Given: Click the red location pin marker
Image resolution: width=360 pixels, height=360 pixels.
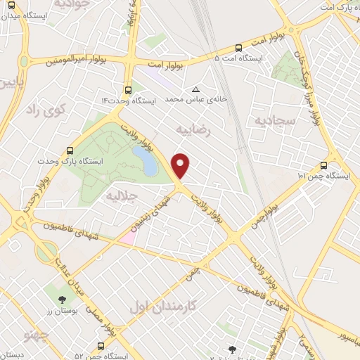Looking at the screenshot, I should pyautogui.click(x=181, y=165).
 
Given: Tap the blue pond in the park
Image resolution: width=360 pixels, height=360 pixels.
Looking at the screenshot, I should pyautogui.click(x=148, y=164).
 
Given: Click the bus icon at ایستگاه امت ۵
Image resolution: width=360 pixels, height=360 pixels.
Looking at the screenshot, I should pyautogui.click(x=239, y=49).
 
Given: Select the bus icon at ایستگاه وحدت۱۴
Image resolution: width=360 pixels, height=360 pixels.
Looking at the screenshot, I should pyautogui.click(x=128, y=90).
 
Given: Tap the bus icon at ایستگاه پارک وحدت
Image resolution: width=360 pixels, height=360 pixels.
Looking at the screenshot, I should pyautogui.click(x=69, y=150).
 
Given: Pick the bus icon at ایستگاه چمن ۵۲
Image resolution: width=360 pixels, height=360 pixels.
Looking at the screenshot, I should pyautogui.click(x=101, y=346).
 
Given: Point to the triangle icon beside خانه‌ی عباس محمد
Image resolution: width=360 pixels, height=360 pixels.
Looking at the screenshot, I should pyautogui.click(x=196, y=89).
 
